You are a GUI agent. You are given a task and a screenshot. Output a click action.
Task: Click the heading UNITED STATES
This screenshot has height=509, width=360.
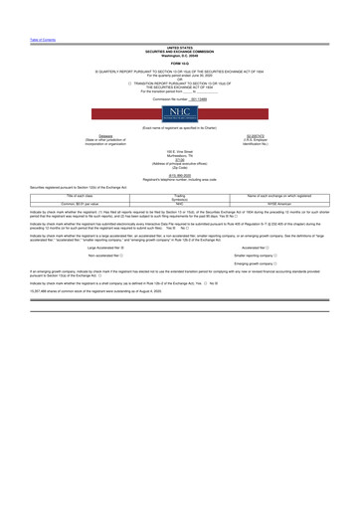[180, 46]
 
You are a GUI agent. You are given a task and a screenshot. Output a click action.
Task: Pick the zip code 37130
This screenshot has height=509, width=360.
[180, 156]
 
